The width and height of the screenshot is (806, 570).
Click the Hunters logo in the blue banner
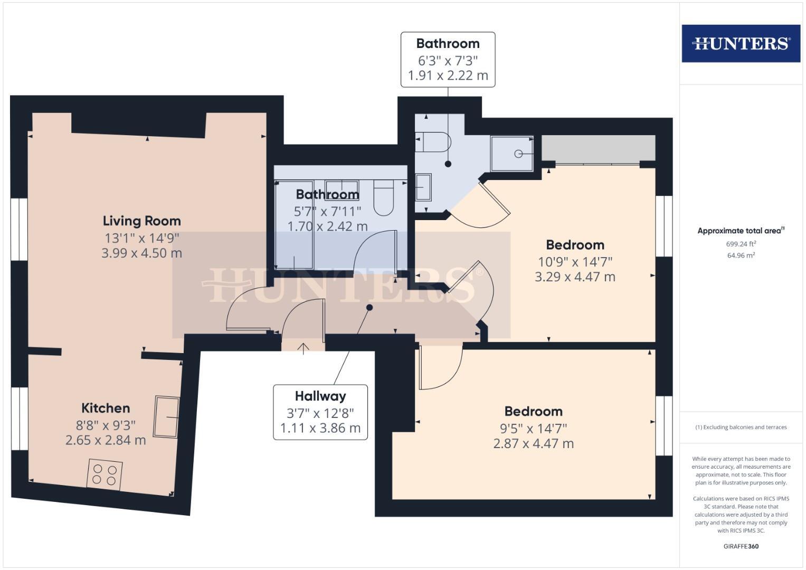[741, 43]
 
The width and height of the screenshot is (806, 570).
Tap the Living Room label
[141, 221]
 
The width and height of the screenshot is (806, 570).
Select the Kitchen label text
[106, 408]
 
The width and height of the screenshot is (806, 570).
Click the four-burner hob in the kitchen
[105, 474]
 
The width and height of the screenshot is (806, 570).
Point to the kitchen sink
[167, 416]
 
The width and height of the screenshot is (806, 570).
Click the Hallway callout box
[320, 412]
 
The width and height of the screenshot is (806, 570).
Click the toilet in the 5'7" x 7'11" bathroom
[384, 197]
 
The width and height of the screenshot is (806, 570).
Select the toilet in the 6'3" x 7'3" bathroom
[434, 141]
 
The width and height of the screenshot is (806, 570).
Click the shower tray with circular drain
[512, 154]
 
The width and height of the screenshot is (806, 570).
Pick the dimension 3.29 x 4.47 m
[575, 277]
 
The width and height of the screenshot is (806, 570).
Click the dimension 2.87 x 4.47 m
[533, 443]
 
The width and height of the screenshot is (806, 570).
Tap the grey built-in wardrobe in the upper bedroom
[599, 148]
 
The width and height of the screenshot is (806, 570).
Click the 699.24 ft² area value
[741, 244]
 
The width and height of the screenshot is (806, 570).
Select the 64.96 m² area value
[741, 255]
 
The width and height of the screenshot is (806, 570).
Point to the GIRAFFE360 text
[741, 546]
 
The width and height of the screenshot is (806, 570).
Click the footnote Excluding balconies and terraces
[741, 427]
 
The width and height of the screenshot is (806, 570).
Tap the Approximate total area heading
[740, 231]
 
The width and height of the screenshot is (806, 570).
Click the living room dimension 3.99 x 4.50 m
[141, 253]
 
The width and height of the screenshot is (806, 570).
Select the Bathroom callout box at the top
[448, 59]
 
